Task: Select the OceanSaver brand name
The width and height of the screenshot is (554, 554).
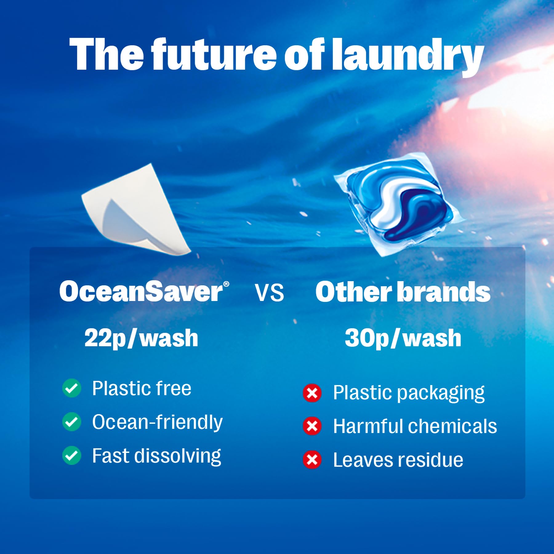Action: (x=141, y=291)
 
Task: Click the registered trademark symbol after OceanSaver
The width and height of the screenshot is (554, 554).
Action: (x=226, y=284)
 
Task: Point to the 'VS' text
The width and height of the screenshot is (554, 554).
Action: (x=269, y=293)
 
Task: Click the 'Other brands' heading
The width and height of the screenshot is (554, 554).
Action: (x=403, y=292)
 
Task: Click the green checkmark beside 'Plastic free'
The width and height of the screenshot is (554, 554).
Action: (x=72, y=388)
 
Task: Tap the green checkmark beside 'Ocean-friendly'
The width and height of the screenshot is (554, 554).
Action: (x=72, y=422)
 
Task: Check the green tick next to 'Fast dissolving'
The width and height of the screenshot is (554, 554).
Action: (x=72, y=456)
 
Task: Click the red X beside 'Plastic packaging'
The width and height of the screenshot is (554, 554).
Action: (x=312, y=393)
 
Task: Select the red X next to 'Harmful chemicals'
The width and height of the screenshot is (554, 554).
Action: (x=312, y=426)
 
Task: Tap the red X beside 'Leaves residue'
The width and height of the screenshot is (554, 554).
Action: (x=312, y=460)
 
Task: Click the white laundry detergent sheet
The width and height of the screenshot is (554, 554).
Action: (x=135, y=209)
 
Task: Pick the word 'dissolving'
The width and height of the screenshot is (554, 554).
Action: (x=178, y=456)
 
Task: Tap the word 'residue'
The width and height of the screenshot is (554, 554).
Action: (x=431, y=460)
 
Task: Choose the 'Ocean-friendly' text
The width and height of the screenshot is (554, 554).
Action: (x=157, y=422)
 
